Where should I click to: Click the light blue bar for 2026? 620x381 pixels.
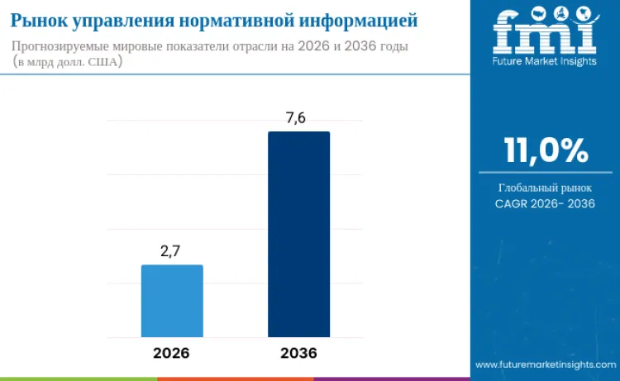pos(172,301)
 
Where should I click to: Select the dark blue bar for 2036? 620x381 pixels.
pos(298,234)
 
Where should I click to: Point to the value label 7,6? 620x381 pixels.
pos(296,118)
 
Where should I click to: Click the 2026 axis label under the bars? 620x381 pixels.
pos(171,353)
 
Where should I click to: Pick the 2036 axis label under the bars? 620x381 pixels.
pos(298,353)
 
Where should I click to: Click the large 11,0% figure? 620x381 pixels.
pos(546,151)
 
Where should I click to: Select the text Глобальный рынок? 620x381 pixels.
pos(546,188)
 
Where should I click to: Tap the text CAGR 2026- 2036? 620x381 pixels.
pos(546,203)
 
